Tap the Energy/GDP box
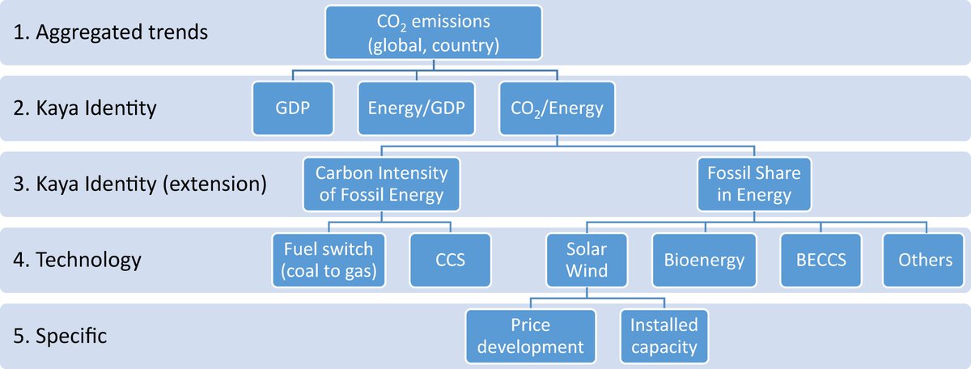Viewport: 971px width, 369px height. [417, 108]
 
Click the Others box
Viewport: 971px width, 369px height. [925, 260]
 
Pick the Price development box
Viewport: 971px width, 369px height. [531, 336]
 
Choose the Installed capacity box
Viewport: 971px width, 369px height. [664, 336]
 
